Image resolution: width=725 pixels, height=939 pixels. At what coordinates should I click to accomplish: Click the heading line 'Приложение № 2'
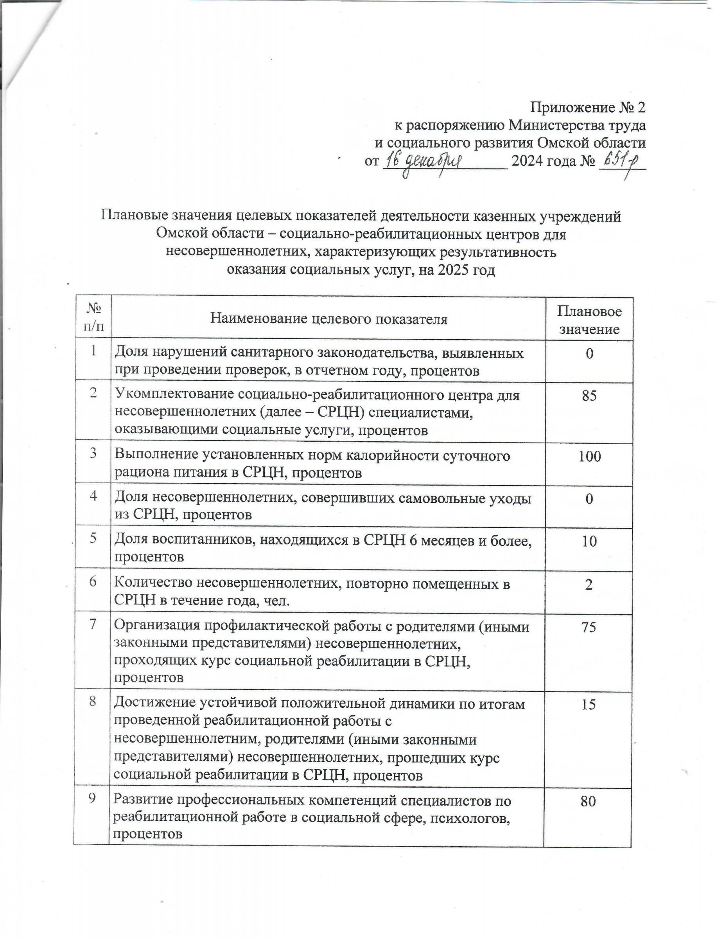pyautogui.click(x=587, y=107)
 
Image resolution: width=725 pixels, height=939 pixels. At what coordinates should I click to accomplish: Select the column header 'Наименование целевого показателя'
pyautogui.click(x=329, y=318)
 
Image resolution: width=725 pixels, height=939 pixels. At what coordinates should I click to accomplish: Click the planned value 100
pyautogui.click(x=589, y=456)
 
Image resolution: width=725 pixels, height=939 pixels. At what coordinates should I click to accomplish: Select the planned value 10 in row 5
pyautogui.click(x=589, y=541)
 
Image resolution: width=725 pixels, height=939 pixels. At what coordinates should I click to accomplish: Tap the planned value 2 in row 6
pyautogui.click(x=589, y=584)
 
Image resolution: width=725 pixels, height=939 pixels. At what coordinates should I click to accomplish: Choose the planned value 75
pyautogui.click(x=589, y=627)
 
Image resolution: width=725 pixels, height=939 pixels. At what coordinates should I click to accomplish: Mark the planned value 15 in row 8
pyautogui.click(x=589, y=704)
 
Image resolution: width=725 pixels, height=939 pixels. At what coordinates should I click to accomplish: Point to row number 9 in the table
pyautogui.click(x=92, y=799)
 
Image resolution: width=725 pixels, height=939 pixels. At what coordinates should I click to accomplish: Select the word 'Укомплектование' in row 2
pyautogui.click(x=174, y=395)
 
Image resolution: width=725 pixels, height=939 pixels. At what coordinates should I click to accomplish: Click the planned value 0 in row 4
pyautogui.click(x=589, y=499)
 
